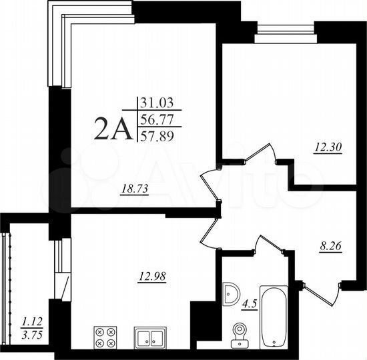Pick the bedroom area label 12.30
tap(328, 149)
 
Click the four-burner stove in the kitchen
tap(105, 335)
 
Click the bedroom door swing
tap(260, 155)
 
